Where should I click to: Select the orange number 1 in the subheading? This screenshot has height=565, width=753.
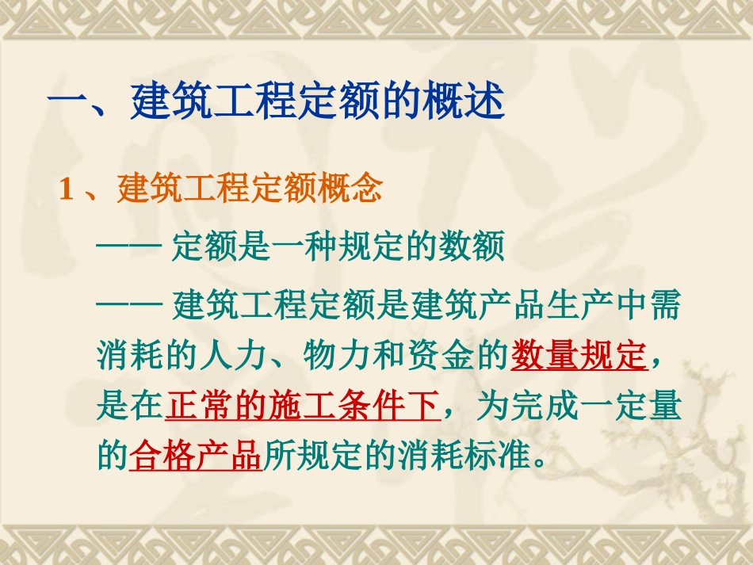pyautogui.click(x=67, y=190)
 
